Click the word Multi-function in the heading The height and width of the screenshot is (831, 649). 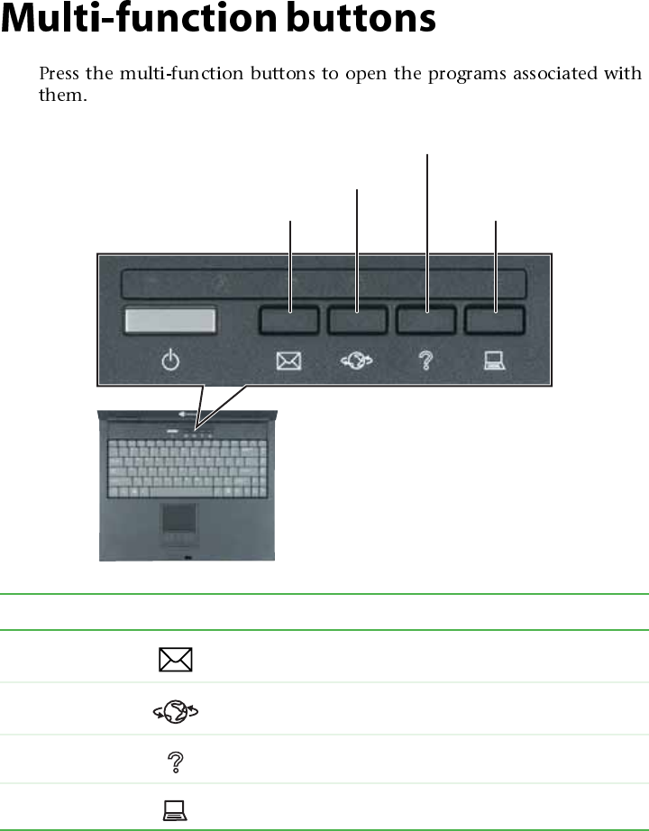click(x=135, y=20)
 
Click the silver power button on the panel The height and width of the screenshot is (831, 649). click(x=170, y=322)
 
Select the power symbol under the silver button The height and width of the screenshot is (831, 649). click(x=170, y=362)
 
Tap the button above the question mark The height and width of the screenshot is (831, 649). click(x=426, y=322)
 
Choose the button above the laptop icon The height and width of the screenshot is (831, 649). click(x=496, y=322)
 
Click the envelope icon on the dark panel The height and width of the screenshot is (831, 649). click(x=288, y=362)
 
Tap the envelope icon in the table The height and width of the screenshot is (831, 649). click(x=175, y=658)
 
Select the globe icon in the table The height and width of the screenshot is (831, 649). click(x=176, y=710)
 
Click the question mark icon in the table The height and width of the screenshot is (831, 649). click(x=176, y=761)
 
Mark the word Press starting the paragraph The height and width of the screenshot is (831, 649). click(x=59, y=73)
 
